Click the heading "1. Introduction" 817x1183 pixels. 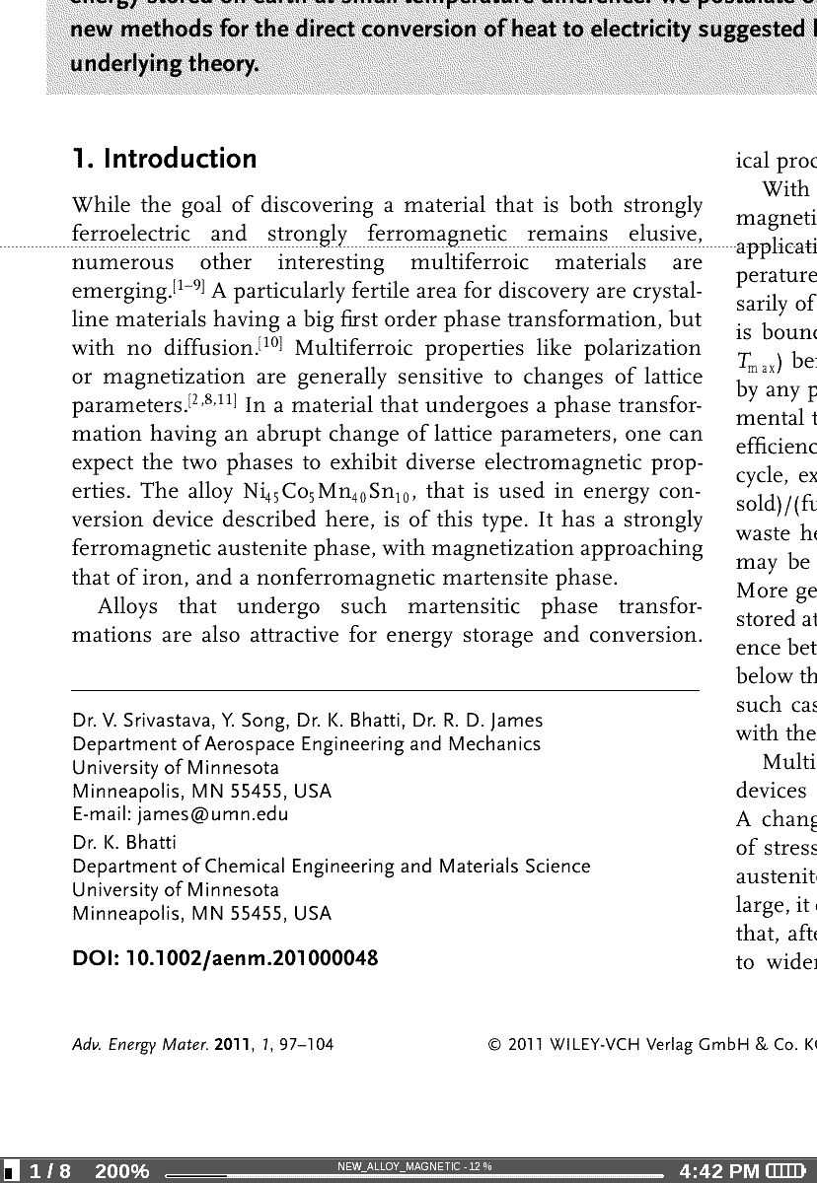point(165,159)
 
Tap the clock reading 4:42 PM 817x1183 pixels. point(719,1171)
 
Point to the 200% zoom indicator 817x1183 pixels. point(121,1171)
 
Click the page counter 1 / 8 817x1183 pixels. point(50,1171)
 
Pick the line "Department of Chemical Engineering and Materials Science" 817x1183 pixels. point(332,867)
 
